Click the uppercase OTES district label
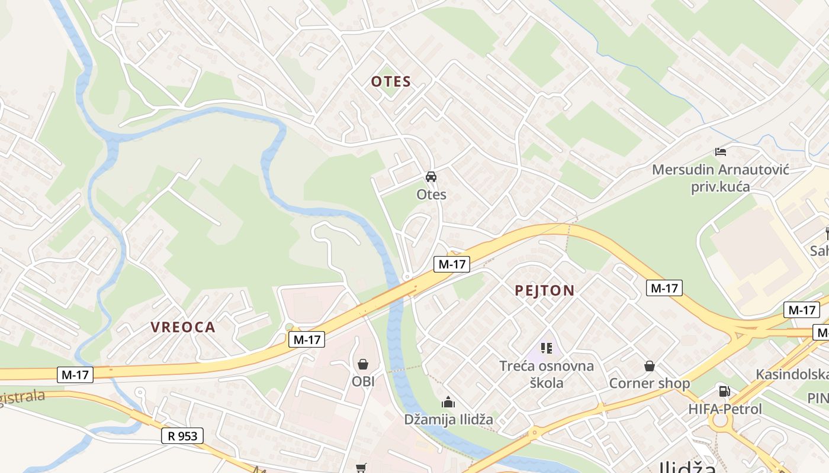[x=391, y=82]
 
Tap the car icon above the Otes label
[x=431, y=177]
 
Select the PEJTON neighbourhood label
[x=545, y=290]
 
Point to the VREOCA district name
[x=183, y=327]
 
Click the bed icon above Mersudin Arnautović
[x=721, y=152]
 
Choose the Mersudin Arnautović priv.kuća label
[x=721, y=178]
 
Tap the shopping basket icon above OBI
[x=362, y=364]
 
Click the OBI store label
[x=364, y=381]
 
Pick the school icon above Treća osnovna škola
[x=547, y=348]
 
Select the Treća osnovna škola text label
[x=547, y=374]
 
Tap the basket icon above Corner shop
[x=650, y=366]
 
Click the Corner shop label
[x=650, y=383]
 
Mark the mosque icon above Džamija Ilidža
[x=448, y=403]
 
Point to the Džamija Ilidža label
[x=448, y=420]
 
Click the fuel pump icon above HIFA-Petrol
[x=724, y=391]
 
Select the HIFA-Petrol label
[x=725, y=409]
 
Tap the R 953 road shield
[x=182, y=436]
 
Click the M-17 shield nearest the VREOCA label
[x=307, y=339]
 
